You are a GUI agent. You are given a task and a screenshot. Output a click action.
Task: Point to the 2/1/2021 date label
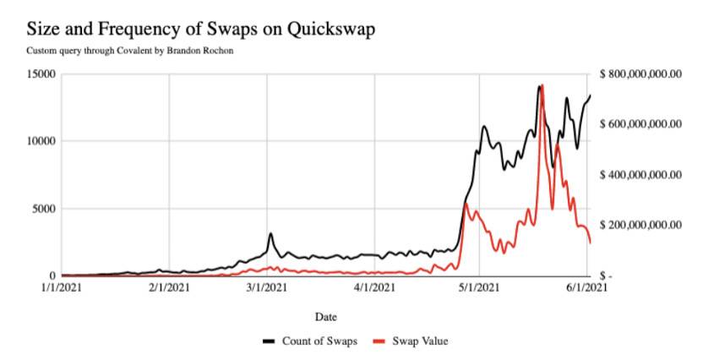point(169,288)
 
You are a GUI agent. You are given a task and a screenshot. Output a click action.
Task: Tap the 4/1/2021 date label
point(373,288)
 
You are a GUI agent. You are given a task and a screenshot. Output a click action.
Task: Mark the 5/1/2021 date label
point(478,288)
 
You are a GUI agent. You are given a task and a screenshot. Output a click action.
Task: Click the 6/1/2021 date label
point(586,288)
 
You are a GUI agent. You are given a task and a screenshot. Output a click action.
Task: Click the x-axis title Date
point(325,317)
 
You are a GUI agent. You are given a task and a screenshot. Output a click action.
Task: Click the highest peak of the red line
point(542,85)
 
